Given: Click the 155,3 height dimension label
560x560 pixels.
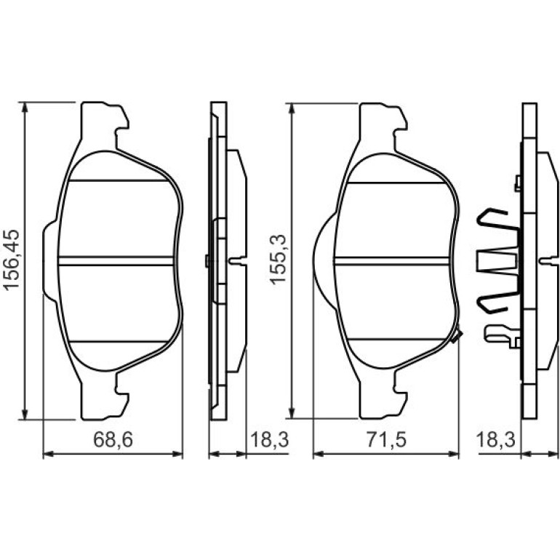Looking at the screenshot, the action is point(279,259).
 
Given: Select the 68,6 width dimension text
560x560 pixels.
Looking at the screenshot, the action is point(113,439).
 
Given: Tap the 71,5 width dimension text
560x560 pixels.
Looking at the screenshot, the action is point(387,439).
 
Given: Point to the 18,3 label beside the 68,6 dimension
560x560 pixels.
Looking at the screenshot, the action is point(269,439).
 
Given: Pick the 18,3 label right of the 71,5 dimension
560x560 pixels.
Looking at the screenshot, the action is point(496,439).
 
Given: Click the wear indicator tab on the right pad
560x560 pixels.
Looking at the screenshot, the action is point(457,336).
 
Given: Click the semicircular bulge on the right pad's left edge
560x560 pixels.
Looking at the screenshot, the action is point(323,260).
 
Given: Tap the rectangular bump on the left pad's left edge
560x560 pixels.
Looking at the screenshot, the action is point(49,260).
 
